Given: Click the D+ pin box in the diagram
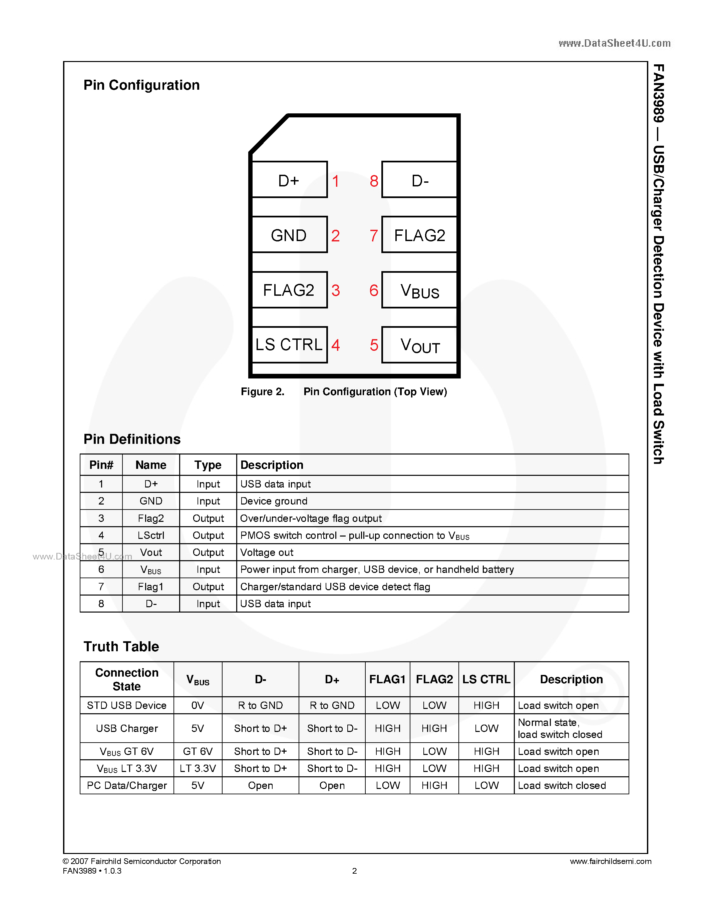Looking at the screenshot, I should (x=289, y=180).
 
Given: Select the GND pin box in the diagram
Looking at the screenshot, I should (x=289, y=235).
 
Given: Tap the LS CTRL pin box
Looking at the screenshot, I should (x=289, y=344).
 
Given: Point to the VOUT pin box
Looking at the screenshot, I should (x=419, y=345).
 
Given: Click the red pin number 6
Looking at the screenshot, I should (x=373, y=290).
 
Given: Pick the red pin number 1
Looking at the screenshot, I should (x=336, y=181).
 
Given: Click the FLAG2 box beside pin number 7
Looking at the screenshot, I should (x=419, y=235).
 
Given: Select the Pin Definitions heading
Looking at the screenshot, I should (x=132, y=439).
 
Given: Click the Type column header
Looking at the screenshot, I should (x=208, y=465).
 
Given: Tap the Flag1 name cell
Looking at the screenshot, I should (x=150, y=587).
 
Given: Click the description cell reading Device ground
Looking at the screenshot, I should (x=274, y=501).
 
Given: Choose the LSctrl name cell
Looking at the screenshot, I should (x=150, y=535).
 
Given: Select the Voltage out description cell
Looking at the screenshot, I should (x=266, y=552).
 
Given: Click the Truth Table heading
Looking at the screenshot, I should (x=121, y=646).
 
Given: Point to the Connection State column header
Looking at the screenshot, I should (x=126, y=679).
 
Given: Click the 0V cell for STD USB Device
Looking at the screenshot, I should (x=198, y=705).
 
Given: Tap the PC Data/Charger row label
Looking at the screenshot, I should (x=126, y=785).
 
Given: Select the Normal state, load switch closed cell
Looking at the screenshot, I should (x=560, y=729).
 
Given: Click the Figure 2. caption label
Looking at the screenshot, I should (x=262, y=391).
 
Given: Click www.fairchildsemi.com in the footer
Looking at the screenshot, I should (x=610, y=861).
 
